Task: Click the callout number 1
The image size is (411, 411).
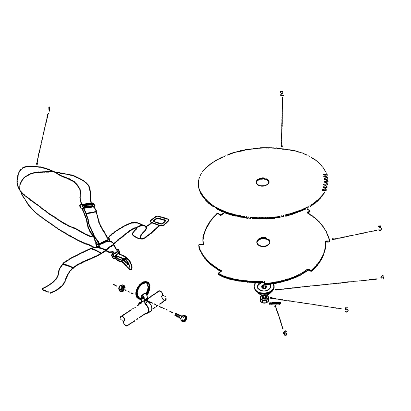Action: point(49,109)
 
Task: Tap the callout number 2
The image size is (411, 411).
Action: point(281,94)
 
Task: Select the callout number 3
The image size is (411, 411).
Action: point(380,228)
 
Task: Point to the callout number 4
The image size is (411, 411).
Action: point(382,277)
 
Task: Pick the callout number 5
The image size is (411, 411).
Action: point(347,310)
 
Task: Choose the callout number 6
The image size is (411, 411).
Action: point(285,333)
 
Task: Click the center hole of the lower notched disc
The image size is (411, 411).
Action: point(263,242)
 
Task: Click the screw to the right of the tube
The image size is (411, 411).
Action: point(181,317)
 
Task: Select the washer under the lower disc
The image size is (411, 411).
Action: point(264,288)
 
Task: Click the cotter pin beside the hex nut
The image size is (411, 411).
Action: point(275,303)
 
